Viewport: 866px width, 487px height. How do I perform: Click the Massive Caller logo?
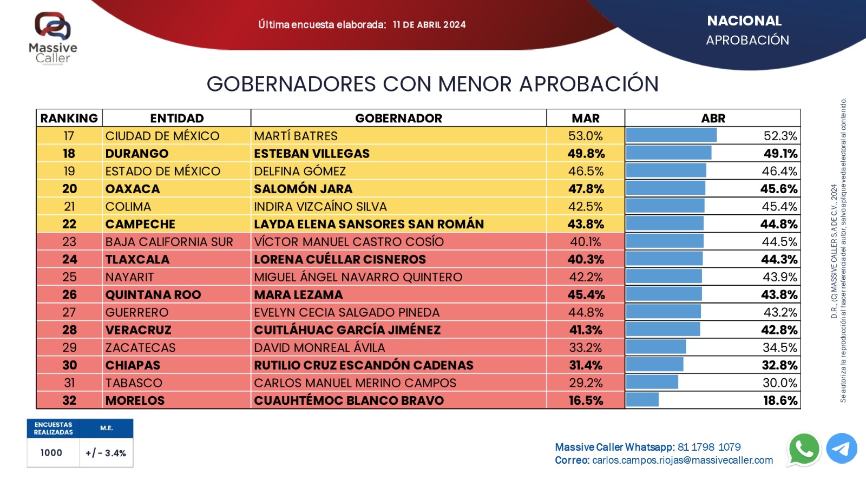[x=53, y=38]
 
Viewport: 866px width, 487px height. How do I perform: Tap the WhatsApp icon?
[x=804, y=449]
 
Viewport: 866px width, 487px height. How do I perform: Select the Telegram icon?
[x=842, y=449]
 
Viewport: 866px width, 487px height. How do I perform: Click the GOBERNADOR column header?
[x=398, y=118]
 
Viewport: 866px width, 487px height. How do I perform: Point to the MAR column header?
[x=586, y=118]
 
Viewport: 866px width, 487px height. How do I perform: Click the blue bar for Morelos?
[x=642, y=400]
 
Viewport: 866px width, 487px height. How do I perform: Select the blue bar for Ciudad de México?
[x=671, y=135]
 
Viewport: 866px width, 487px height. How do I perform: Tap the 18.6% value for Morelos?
[x=780, y=400]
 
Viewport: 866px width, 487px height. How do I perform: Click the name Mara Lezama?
[x=298, y=295]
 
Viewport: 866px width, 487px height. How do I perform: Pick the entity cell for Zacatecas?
[x=141, y=347]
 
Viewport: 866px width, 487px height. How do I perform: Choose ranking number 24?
[x=69, y=259]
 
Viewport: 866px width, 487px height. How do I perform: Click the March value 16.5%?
[x=586, y=400]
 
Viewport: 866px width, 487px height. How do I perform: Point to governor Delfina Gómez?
[x=300, y=171]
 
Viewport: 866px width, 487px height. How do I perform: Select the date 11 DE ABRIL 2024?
[x=429, y=25]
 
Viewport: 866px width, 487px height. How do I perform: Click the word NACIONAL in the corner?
[x=744, y=21]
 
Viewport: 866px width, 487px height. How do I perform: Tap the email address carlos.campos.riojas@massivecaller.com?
[x=683, y=460]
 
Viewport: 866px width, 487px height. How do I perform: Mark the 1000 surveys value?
[x=51, y=453]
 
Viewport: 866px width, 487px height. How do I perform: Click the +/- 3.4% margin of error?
[x=106, y=453]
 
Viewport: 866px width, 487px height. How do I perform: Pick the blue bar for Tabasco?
[x=652, y=383]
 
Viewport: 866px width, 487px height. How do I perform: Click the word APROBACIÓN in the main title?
[x=589, y=84]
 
